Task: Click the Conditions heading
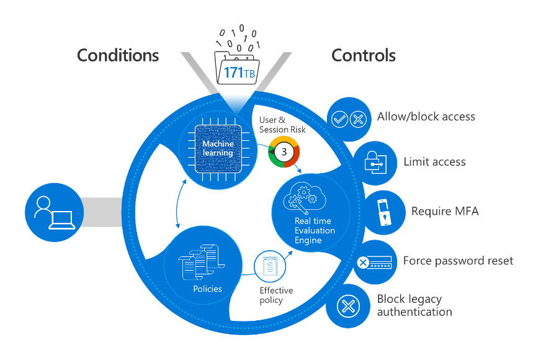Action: [118, 55]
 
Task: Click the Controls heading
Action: [364, 55]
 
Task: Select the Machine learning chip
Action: [218, 148]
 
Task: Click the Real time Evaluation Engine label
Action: [315, 230]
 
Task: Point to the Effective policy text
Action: [276, 295]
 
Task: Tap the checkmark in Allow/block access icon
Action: [340, 120]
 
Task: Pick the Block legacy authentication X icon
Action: [346, 306]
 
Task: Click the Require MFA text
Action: [445, 211]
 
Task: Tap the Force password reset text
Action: [458, 260]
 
